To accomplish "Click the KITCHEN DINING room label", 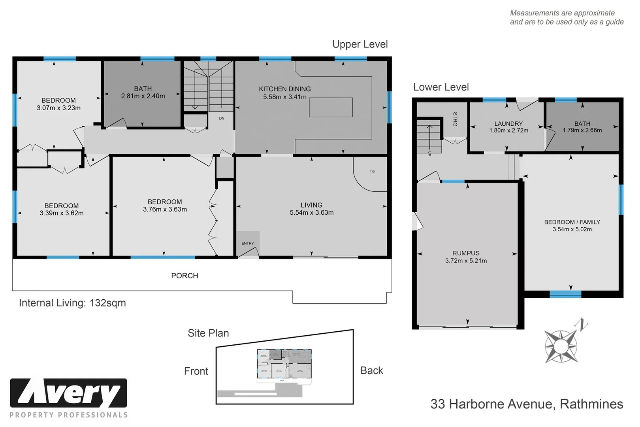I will (x=284, y=89).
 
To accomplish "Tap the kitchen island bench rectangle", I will (x=331, y=107).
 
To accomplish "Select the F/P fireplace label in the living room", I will (x=372, y=172).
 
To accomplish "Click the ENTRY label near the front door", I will (x=248, y=243).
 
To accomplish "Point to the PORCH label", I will (x=184, y=276).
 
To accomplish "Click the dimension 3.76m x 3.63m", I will (x=165, y=210).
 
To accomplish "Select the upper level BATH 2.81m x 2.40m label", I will (x=143, y=93).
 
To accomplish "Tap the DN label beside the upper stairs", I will (x=222, y=118).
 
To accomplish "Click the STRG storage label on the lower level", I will (x=455, y=119).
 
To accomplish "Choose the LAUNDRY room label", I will (x=508, y=124).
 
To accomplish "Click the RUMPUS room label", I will (x=466, y=253).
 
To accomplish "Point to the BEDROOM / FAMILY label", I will (x=572, y=222).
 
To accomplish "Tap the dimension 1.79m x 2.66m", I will (x=582, y=130).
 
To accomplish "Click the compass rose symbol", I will (x=560, y=346).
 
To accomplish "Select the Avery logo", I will (x=69, y=393).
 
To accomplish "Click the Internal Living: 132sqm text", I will (x=72, y=303).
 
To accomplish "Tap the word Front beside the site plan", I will (x=196, y=371).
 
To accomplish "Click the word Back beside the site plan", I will (x=372, y=370).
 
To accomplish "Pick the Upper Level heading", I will (x=360, y=44).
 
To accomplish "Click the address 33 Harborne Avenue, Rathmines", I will (x=527, y=404).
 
